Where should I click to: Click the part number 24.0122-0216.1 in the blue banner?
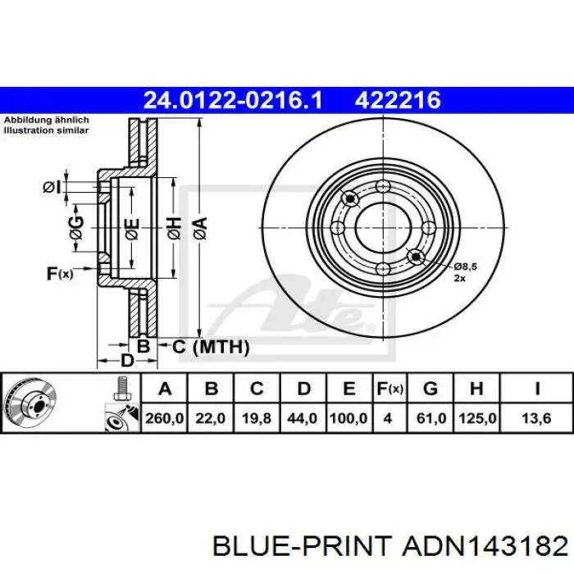click(x=233, y=100)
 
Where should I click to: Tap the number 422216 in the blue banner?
click(x=398, y=100)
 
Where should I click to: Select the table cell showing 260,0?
click(x=164, y=418)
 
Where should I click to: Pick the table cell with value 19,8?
click(x=257, y=418)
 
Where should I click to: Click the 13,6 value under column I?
click(x=536, y=418)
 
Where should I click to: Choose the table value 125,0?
click(x=477, y=418)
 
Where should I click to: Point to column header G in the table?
click(x=430, y=389)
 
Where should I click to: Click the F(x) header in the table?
click(x=389, y=389)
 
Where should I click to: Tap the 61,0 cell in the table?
click(x=431, y=418)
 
